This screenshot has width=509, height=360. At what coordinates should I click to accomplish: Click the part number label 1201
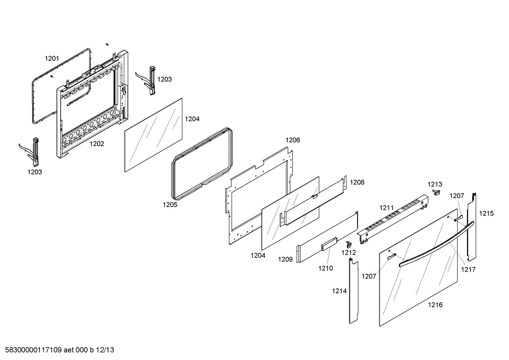[x=52, y=59]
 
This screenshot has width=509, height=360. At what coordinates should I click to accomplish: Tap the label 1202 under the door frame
[x=97, y=144]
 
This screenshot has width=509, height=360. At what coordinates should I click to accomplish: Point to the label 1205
[x=170, y=205]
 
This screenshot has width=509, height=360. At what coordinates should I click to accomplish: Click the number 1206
[x=293, y=140]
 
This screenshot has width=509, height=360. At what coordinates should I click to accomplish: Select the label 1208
[x=357, y=182]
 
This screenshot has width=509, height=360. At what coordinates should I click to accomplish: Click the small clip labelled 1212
[x=349, y=244]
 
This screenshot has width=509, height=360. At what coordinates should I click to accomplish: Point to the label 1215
[x=486, y=213]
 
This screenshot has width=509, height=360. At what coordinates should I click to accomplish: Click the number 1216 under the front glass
[x=435, y=305]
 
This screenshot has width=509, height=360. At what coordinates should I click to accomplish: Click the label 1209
[x=285, y=259]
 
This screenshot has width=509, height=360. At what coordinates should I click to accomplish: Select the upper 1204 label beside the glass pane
[x=192, y=119]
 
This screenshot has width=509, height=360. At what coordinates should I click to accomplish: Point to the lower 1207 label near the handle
[x=369, y=276]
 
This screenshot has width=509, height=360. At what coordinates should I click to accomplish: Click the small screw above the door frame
[x=107, y=44]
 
